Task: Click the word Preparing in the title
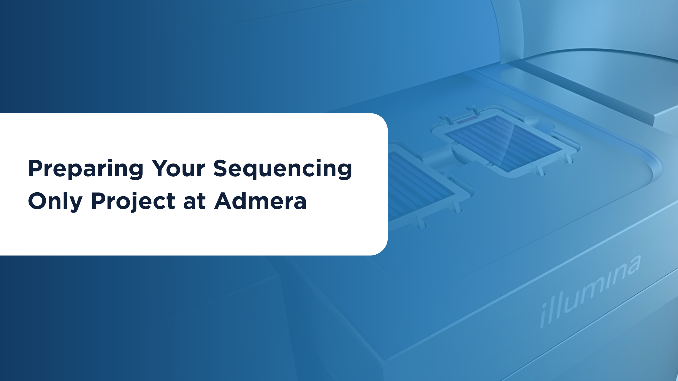click(86, 169)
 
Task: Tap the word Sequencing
click(283, 169)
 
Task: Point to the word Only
click(55, 201)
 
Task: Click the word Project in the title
click(133, 201)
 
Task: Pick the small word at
click(195, 202)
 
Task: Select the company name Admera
click(261, 201)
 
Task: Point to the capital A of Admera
click(224, 201)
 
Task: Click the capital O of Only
click(37, 201)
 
